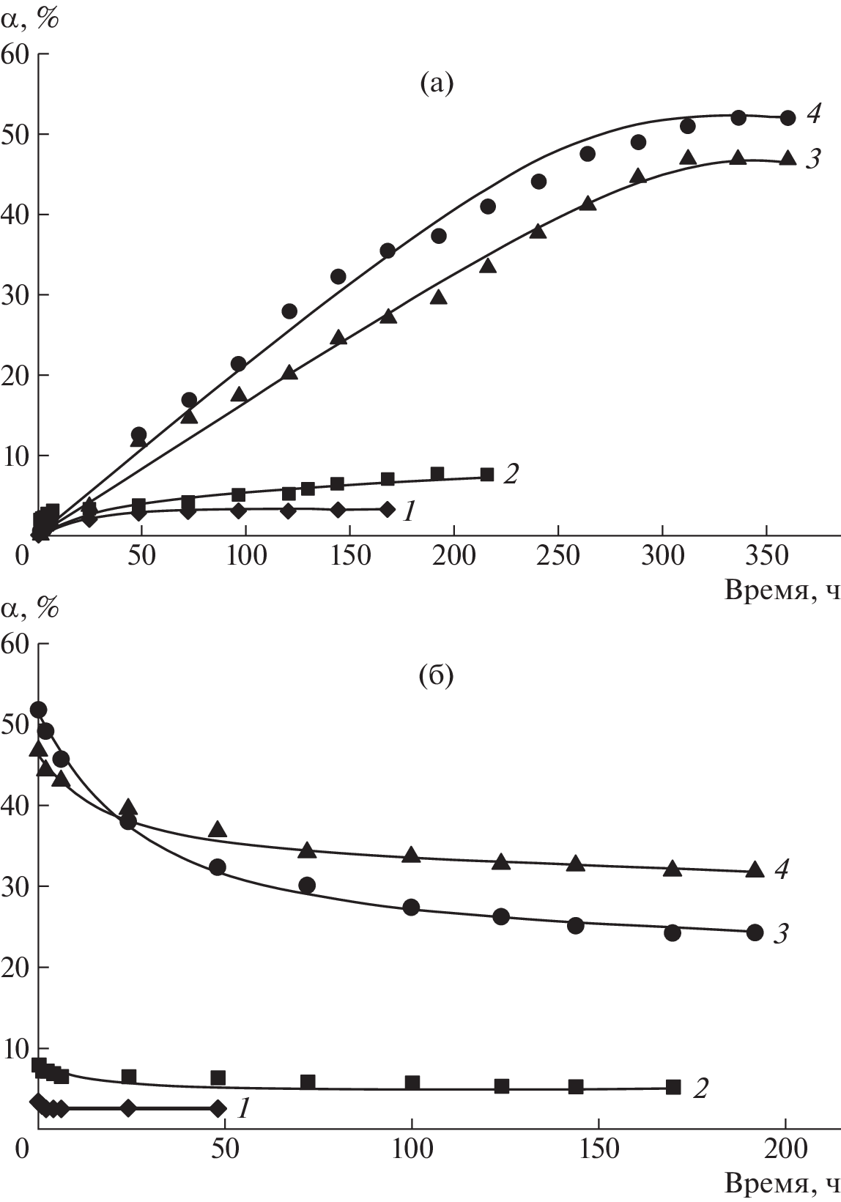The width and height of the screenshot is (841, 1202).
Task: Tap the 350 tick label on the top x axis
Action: [766, 556]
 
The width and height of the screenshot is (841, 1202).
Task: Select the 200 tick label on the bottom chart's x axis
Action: [786, 1148]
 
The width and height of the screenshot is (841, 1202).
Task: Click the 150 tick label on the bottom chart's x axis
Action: [599, 1148]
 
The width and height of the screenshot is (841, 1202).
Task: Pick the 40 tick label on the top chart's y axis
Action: [15, 214]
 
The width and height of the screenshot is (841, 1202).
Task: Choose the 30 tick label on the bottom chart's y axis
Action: [15, 886]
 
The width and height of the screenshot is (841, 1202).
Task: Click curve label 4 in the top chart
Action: [814, 114]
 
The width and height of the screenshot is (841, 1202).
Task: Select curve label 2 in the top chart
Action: [511, 475]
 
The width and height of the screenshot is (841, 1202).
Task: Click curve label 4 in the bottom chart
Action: [782, 869]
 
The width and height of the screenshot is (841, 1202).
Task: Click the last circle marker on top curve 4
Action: [788, 118]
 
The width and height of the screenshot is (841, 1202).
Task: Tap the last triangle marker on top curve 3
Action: [788, 158]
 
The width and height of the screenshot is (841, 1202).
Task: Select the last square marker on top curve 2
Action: [487, 475]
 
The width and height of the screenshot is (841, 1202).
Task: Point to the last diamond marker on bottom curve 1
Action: [218, 1108]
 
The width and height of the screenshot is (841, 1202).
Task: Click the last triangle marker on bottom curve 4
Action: [755, 870]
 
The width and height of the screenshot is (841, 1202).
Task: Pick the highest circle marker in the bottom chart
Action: [39, 709]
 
